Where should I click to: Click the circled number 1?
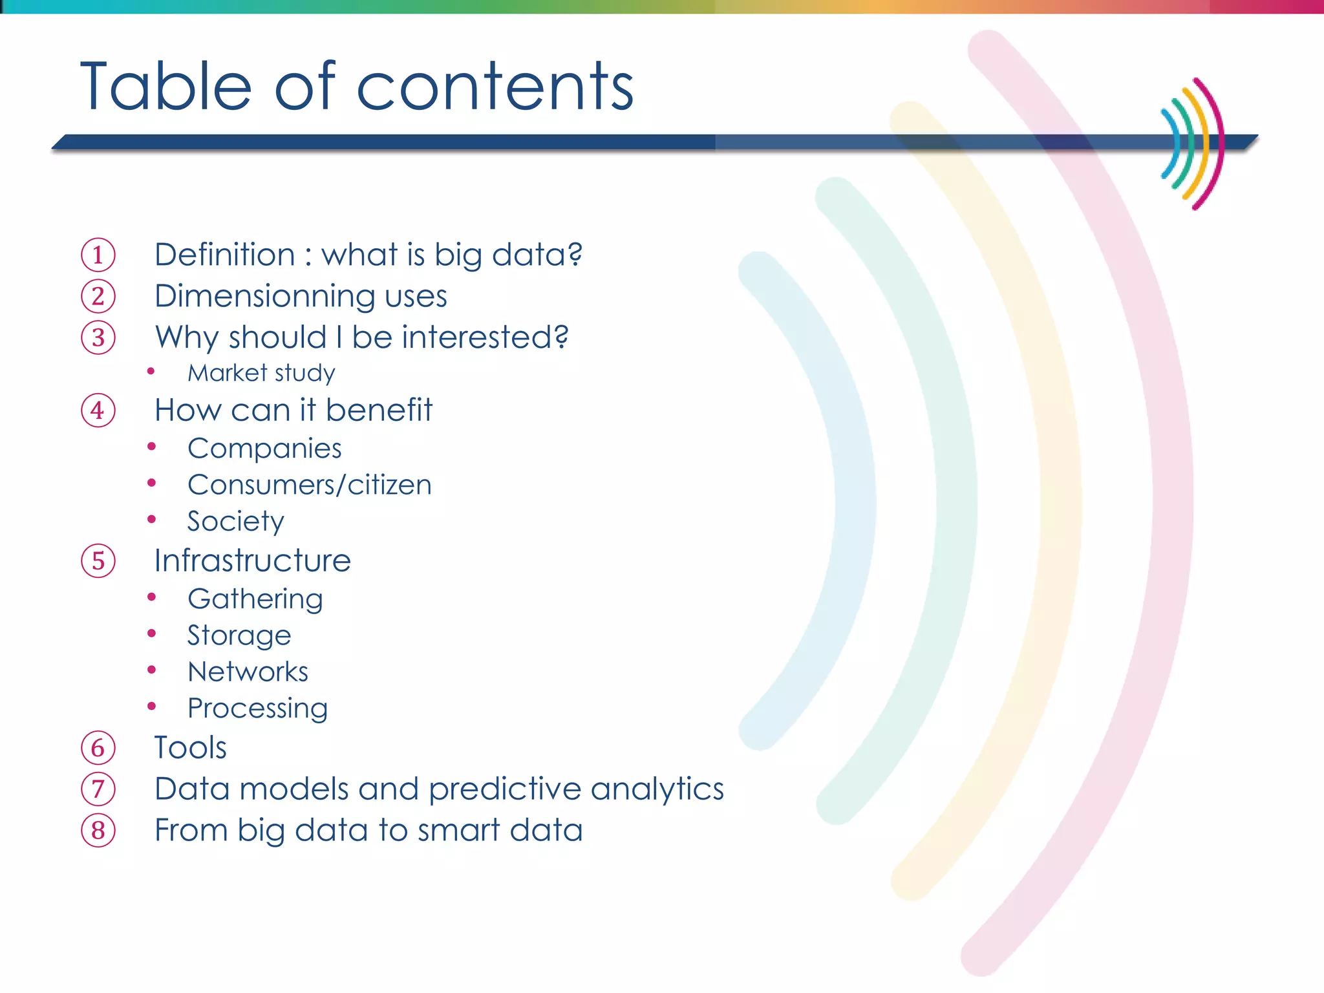click(98, 255)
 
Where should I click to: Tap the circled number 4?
click(98, 411)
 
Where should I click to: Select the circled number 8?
click(98, 831)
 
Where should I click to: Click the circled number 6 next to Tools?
click(98, 748)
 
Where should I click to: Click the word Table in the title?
click(165, 87)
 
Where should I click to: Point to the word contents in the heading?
click(495, 87)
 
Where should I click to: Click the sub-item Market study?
click(261, 373)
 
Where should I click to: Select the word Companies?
click(264, 449)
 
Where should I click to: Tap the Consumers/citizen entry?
click(309, 485)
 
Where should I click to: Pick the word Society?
click(235, 522)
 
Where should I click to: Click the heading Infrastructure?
click(252, 561)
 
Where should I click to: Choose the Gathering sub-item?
click(255, 599)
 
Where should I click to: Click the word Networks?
click(248, 672)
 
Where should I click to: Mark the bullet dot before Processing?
click(152, 707)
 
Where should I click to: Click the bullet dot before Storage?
click(152, 634)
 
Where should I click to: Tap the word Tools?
click(190, 748)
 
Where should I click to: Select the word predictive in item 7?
click(504, 789)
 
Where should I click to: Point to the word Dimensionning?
click(264, 297)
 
